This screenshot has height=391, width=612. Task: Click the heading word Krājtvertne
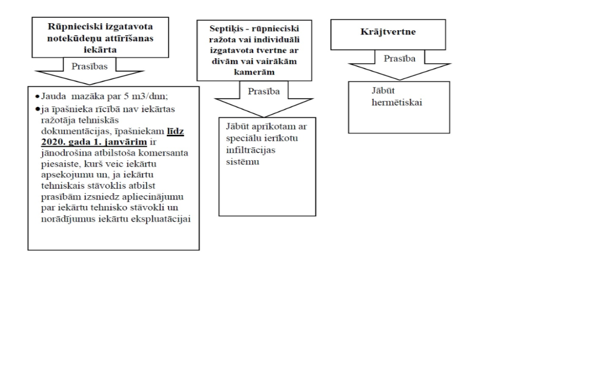click(388, 32)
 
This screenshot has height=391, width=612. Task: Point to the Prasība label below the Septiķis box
click(264, 91)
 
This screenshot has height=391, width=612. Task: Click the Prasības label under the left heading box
click(90, 66)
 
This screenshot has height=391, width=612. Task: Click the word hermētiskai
click(397, 102)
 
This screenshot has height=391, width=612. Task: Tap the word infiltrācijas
click(251, 150)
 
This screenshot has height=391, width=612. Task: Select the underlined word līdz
click(175, 131)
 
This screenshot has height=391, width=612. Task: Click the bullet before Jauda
click(37, 97)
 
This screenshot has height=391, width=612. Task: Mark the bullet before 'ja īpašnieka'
click(37, 109)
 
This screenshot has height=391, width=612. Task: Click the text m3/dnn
click(151, 97)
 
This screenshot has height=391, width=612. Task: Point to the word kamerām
click(254, 72)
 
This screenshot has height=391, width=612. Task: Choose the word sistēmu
click(243, 162)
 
